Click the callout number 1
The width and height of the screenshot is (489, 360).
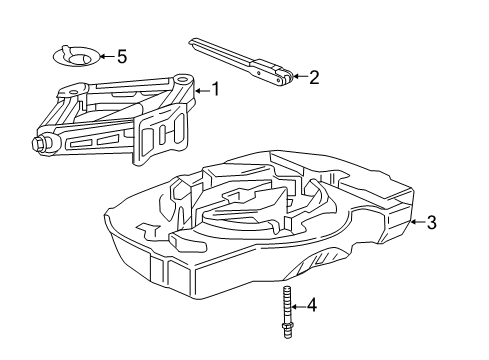[x=212, y=90]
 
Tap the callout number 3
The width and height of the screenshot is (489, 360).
[x=431, y=223]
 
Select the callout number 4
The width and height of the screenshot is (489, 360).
[x=312, y=304]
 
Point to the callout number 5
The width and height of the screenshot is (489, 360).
[x=122, y=57]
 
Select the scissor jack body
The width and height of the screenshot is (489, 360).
[x=120, y=120]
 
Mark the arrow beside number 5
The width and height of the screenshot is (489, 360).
[x=105, y=57]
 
